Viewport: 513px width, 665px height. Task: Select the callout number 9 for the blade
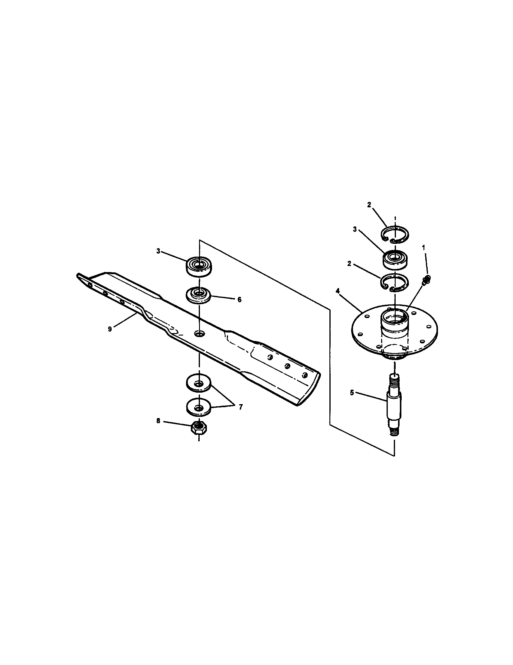tap(110, 329)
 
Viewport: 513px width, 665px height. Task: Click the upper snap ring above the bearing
tap(395, 235)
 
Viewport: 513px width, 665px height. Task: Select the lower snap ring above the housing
tap(395, 282)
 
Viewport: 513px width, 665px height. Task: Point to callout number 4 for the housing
tap(338, 291)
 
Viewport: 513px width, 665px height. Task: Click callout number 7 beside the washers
tap(241, 407)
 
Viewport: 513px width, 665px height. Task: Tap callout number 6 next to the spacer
tap(240, 300)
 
